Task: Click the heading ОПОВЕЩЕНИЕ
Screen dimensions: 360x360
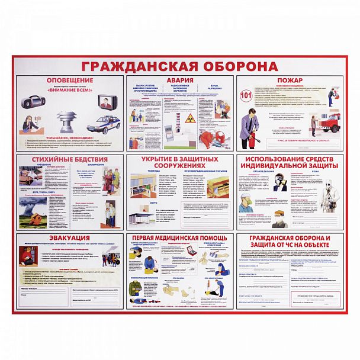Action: click(69, 79)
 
